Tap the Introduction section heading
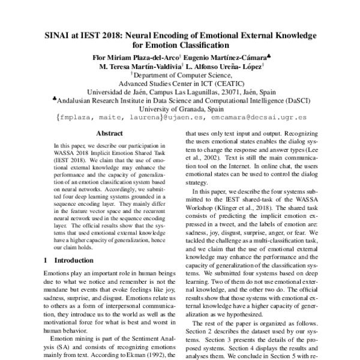73,260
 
